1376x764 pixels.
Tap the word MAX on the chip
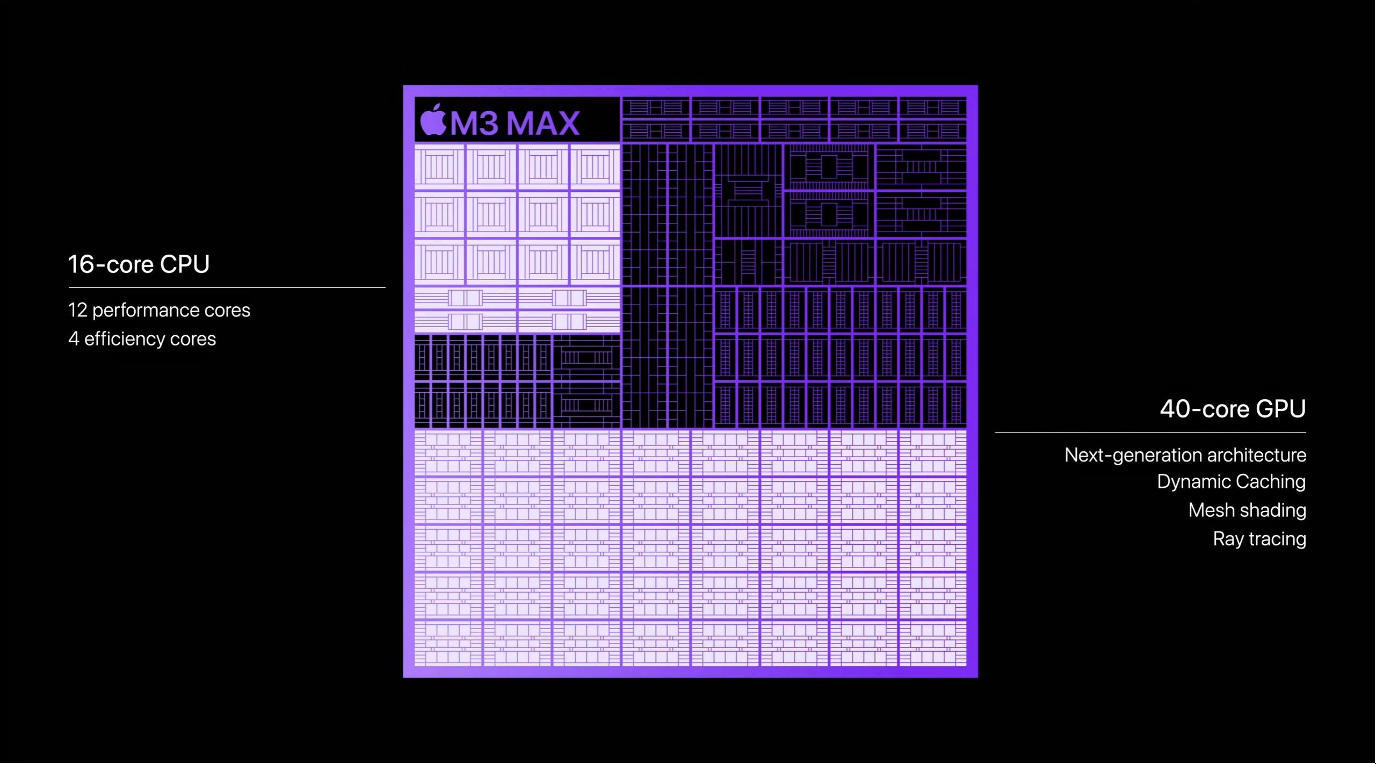pos(544,123)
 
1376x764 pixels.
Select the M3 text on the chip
pos(474,123)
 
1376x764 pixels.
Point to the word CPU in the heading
pos(185,264)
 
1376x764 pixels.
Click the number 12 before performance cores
pos(77,310)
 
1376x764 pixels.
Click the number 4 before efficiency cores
pos(74,338)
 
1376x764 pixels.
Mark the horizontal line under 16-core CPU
pos(227,288)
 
